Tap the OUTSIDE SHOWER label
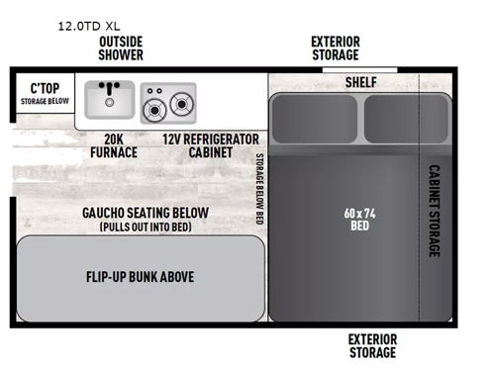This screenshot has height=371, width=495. click(x=120, y=48)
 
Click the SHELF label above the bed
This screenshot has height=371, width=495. click(x=360, y=82)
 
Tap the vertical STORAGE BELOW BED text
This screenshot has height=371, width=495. click(x=259, y=189)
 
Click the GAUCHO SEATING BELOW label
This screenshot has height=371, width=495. click(x=145, y=214)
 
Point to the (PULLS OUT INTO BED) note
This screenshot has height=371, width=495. click(x=145, y=228)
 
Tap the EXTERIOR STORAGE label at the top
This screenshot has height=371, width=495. click(x=335, y=48)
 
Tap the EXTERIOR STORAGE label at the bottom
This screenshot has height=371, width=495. click(x=371, y=345)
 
